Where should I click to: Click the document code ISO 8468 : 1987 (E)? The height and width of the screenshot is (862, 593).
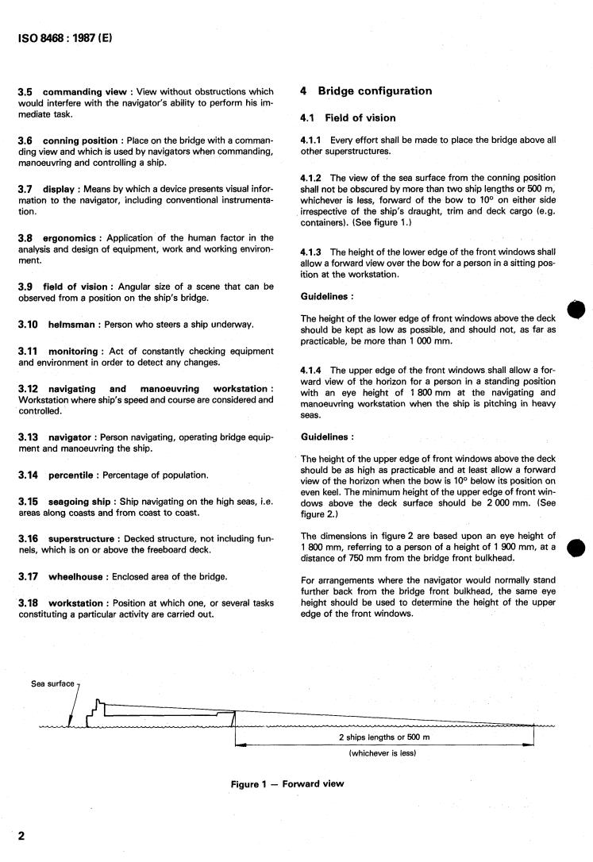tap(65, 37)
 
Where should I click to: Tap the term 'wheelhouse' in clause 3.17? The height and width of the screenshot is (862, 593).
tap(78, 575)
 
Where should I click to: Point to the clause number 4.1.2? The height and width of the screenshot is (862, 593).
tap(314, 178)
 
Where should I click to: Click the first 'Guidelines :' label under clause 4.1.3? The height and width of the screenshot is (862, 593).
tap(327, 298)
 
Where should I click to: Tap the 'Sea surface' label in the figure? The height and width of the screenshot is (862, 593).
tap(52, 683)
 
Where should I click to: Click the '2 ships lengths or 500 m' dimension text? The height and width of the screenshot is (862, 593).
tap(383, 737)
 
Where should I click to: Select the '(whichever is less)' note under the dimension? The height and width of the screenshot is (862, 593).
tap(383, 754)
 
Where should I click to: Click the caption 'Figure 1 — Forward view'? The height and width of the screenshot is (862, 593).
tap(287, 784)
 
